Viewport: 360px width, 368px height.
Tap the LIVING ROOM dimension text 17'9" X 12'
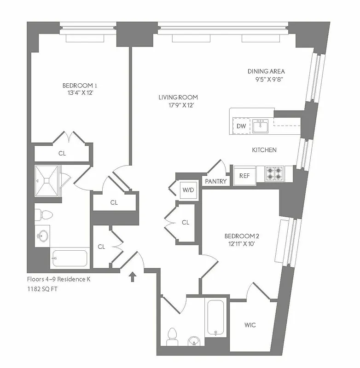[x=178, y=105]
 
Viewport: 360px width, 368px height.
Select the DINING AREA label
[x=266, y=71]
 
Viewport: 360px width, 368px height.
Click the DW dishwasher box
[x=241, y=126]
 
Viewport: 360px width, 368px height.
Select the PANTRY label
[x=216, y=181]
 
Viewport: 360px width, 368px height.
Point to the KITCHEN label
[x=264, y=150]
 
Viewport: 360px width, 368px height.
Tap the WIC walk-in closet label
[x=250, y=325]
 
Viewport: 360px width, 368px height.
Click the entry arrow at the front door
[x=133, y=276]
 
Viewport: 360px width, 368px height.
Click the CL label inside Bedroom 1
[x=62, y=153]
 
